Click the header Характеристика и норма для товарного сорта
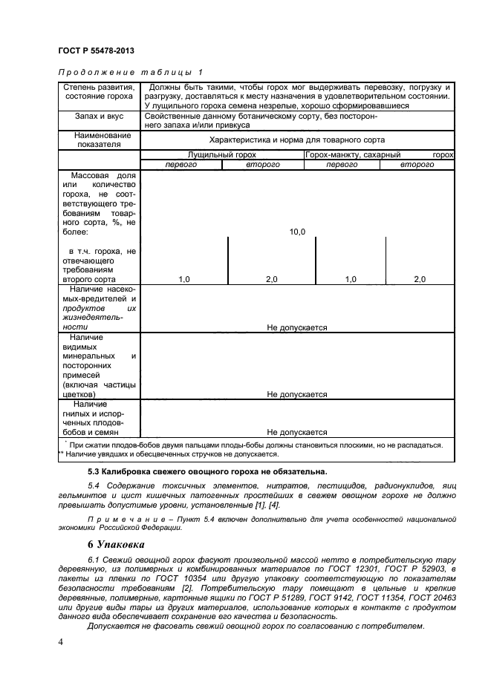pos(296,140)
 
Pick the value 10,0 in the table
pos(296,232)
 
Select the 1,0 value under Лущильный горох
pos(184,279)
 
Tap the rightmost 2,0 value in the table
pos(419,279)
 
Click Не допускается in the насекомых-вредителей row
pos(296,327)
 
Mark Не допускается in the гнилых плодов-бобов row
pos(296,431)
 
